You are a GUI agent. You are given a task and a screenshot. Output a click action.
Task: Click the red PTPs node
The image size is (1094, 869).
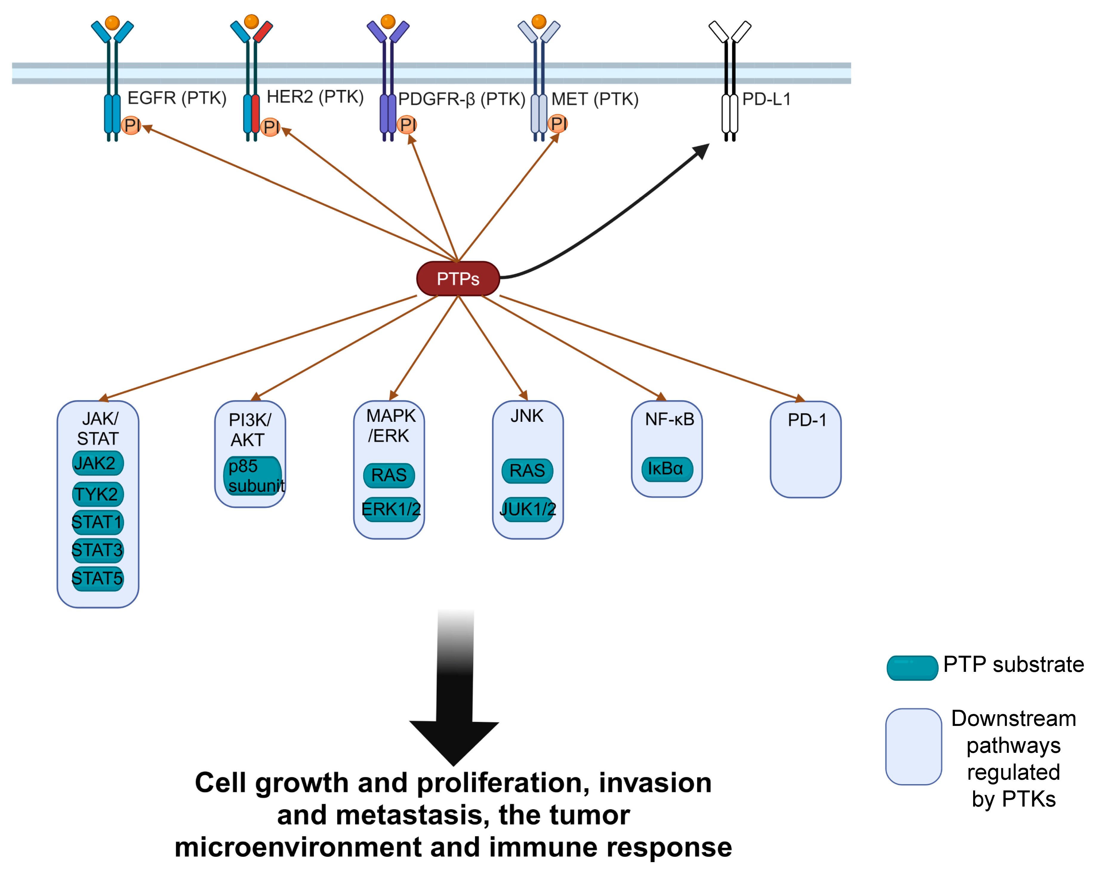point(458,278)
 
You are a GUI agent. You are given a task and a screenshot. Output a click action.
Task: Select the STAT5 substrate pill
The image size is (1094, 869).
point(97,578)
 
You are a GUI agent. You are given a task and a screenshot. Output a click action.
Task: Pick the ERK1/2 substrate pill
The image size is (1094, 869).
point(391,509)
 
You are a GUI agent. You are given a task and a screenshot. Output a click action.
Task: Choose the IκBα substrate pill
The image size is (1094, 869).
point(667,468)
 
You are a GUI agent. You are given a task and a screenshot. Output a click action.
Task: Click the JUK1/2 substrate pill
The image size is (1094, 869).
point(528,509)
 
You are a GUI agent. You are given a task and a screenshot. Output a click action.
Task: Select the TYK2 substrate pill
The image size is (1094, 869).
point(97,494)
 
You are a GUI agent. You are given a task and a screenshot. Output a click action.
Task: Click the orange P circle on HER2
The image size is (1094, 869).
point(270,127)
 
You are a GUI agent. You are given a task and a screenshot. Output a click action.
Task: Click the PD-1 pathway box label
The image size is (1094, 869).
point(807,420)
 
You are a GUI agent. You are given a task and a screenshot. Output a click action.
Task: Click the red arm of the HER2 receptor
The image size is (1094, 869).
point(263,31)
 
